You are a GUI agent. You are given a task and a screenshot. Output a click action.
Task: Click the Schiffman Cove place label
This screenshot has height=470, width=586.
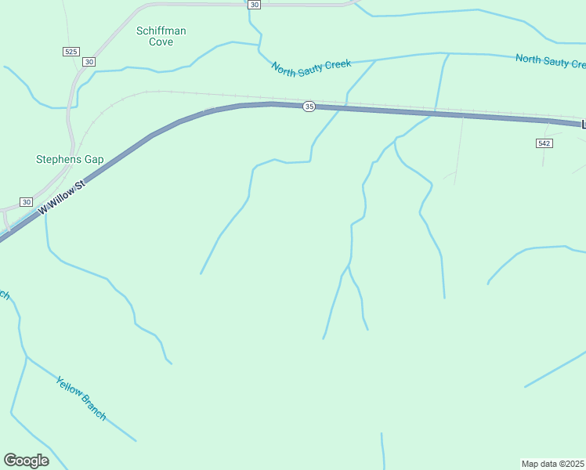pyautogui.click(x=161, y=36)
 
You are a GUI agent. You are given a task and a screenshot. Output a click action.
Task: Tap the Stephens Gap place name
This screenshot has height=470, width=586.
pyautogui.click(x=70, y=159)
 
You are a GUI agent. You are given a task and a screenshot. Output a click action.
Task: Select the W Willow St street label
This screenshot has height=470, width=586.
pyautogui.click(x=61, y=198)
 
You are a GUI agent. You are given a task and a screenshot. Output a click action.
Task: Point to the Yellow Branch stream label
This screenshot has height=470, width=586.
pyautogui.click(x=81, y=398)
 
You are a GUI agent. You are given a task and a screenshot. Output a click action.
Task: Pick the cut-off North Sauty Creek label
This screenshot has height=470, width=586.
pyautogui.click(x=550, y=60)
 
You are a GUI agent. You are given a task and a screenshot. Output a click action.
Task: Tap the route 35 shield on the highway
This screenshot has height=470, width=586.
pyautogui.click(x=309, y=107)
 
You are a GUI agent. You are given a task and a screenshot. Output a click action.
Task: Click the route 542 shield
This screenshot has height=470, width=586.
pyautogui.click(x=544, y=143)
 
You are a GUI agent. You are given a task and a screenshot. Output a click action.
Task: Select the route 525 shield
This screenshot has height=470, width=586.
pyautogui.click(x=71, y=51)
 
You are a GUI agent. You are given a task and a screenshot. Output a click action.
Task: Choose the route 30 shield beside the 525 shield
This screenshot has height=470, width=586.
pyautogui.click(x=89, y=61)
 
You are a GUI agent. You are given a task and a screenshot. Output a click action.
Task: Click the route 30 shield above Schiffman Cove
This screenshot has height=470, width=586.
pyautogui.click(x=254, y=5)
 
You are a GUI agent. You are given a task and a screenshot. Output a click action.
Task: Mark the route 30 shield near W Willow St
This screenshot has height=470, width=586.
pyautogui.click(x=25, y=201)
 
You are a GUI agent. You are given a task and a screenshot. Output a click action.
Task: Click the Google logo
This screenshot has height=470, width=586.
pyautogui.click(x=26, y=460)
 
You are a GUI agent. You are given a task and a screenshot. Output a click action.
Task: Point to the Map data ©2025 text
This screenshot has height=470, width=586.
pyautogui.click(x=552, y=463)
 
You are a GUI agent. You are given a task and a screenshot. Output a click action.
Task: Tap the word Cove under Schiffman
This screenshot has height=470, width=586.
pyautogui.click(x=161, y=42)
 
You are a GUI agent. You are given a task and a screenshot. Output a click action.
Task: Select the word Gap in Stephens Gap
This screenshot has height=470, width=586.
pyautogui.click(x=94, y=159)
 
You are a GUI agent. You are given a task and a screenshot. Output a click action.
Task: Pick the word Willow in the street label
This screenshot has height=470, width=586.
pyautogui.click(x=64, y=196)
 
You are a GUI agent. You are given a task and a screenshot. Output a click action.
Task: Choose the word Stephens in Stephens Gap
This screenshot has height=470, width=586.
pyautogui.click(x=59, y=159)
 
